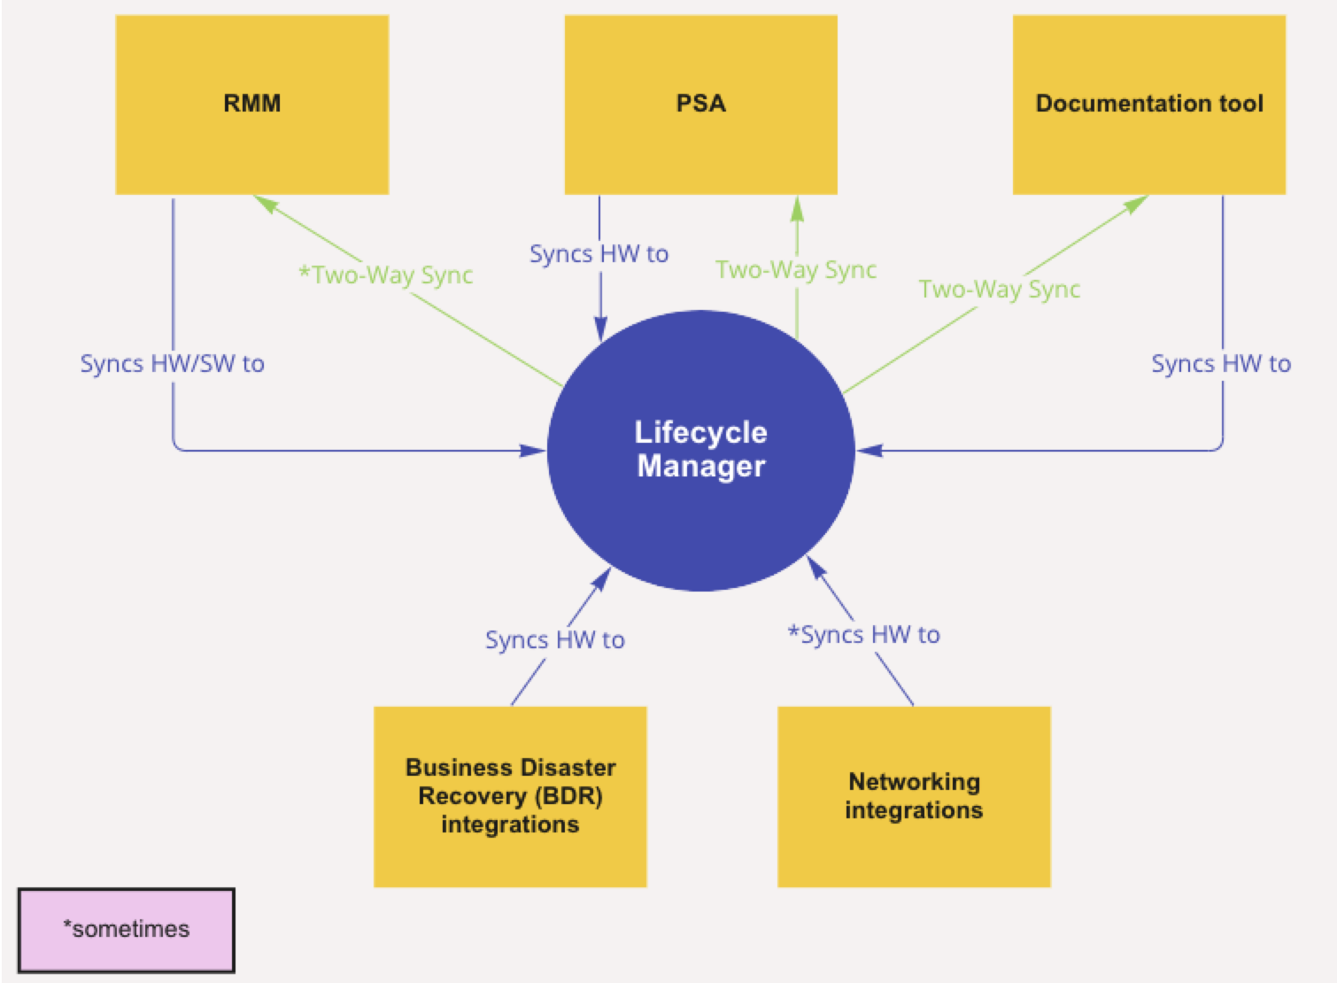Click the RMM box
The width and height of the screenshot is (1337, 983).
(251, 104)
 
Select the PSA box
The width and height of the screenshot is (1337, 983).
(700, 104)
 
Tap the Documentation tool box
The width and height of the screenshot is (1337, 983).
(1148, 104)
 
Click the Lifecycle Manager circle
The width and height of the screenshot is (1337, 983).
(700, 450)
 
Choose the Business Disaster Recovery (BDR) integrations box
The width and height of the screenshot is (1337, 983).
(510, 796)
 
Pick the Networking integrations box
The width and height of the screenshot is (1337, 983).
(914, 796)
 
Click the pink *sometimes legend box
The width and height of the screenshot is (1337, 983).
(126, 930)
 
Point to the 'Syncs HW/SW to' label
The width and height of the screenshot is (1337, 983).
(173, 364)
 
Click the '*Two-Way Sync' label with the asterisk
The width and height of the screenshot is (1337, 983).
(386, 275)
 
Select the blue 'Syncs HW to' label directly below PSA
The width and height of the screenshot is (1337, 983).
(599, 254)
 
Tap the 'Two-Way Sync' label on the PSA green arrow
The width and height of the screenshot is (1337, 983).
(796, 270)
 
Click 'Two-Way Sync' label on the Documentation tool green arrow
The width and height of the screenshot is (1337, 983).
(1000, 290)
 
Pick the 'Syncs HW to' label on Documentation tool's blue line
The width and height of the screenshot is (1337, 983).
(1221, 364)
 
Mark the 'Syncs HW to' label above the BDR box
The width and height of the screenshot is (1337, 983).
(555, 640)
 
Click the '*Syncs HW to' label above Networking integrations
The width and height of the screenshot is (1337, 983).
(864, 635)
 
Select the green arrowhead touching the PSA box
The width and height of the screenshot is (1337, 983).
(797, 209)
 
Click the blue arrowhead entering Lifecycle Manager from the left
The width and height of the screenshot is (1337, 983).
(533, 451)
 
